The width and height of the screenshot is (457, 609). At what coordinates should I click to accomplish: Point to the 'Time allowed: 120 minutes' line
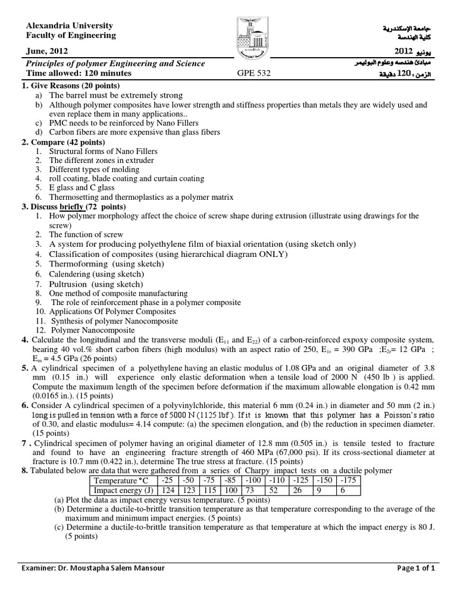(77, 74)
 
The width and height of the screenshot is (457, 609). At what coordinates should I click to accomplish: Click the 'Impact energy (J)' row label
(121, 491)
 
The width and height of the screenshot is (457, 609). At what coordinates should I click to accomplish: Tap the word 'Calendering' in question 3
(73, 274)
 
